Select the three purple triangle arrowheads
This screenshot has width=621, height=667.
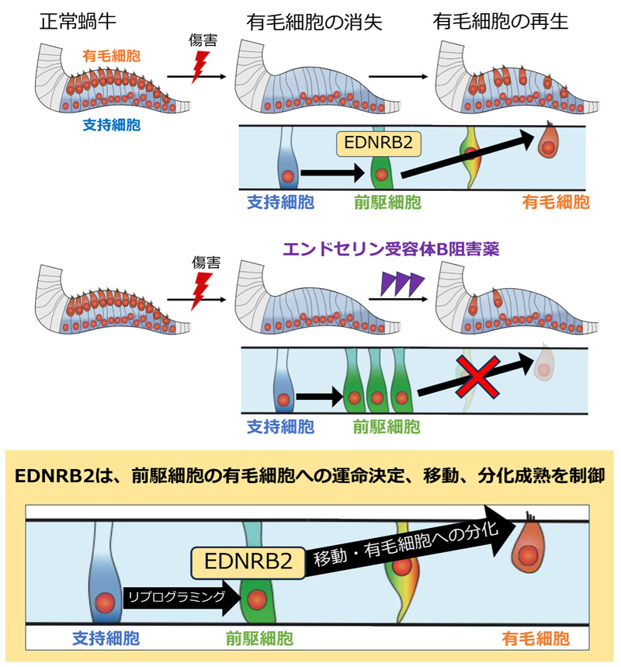tap(401, 284)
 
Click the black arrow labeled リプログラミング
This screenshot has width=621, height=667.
tap(177, 597)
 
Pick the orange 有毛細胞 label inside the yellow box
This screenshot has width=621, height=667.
tap(536, 639)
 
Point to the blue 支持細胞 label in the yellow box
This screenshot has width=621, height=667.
tap(106, 639)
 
